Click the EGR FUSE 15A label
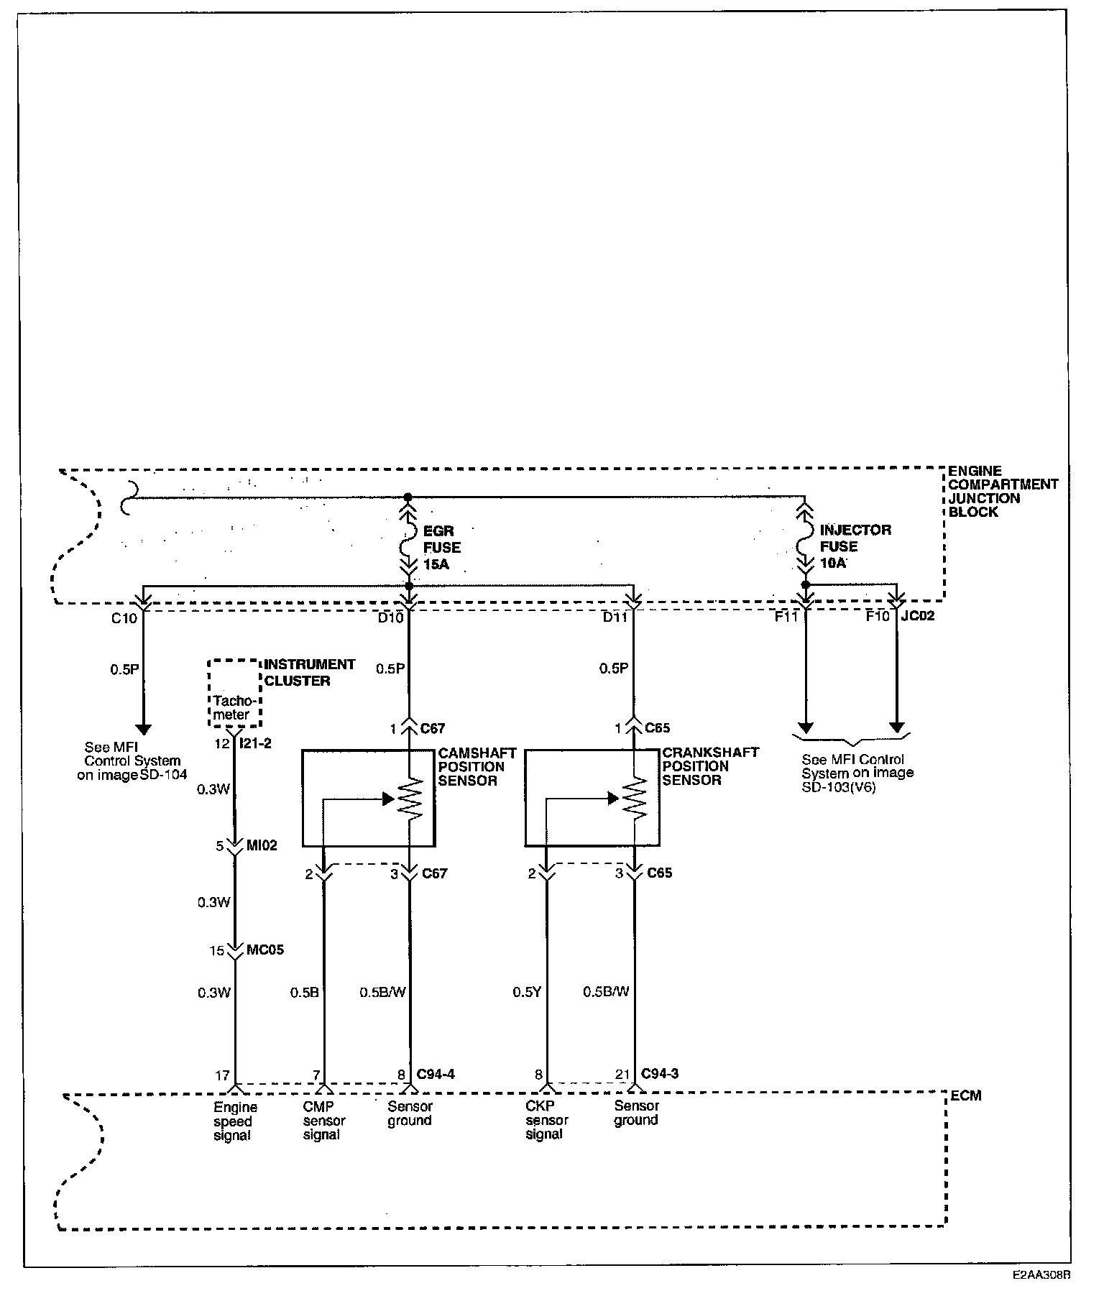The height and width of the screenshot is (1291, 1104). tap(442, 548)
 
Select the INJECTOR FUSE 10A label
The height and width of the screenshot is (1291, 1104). tap(855, 546)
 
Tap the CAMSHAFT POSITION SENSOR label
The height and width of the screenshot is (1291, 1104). tap(477, 766)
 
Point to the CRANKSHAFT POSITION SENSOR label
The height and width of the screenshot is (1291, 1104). tap(710, 766)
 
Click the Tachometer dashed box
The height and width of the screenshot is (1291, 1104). tap(234, 693)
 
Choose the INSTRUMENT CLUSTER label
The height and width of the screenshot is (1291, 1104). tap(310, 672)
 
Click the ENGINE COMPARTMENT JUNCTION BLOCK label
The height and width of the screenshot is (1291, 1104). tap(1003, 492)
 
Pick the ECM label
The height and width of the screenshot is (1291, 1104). tap(965, 1095)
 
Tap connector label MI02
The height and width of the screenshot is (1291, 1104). tap(262, 846)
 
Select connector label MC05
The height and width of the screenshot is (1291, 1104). tap(265, 950)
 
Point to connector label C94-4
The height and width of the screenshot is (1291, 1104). tap(436, 1075)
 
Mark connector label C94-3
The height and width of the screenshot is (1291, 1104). tap(660, 1074)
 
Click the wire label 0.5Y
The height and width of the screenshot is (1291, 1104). tap(527, 992)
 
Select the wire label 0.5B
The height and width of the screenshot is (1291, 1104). tap(304, 993)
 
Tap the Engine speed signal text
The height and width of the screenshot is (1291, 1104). tap(234, 1121)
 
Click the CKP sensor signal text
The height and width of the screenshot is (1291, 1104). tap(546, 1121)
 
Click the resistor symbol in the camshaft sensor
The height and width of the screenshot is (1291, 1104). tap(410, 799)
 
